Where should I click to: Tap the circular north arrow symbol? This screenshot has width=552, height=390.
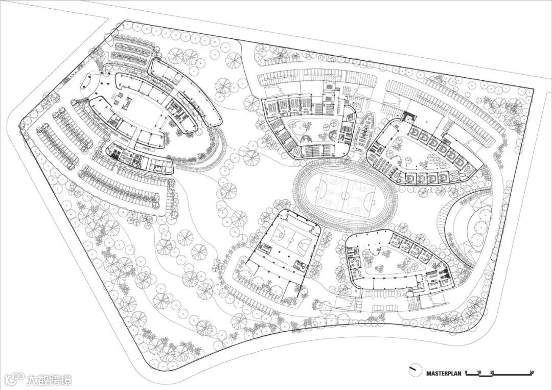[414, 369]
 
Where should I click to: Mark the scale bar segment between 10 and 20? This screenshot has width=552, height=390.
[486, 375]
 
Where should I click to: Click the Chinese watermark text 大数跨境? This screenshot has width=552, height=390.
[49, 380]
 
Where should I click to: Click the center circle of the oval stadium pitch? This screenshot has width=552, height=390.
[339, 193]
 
